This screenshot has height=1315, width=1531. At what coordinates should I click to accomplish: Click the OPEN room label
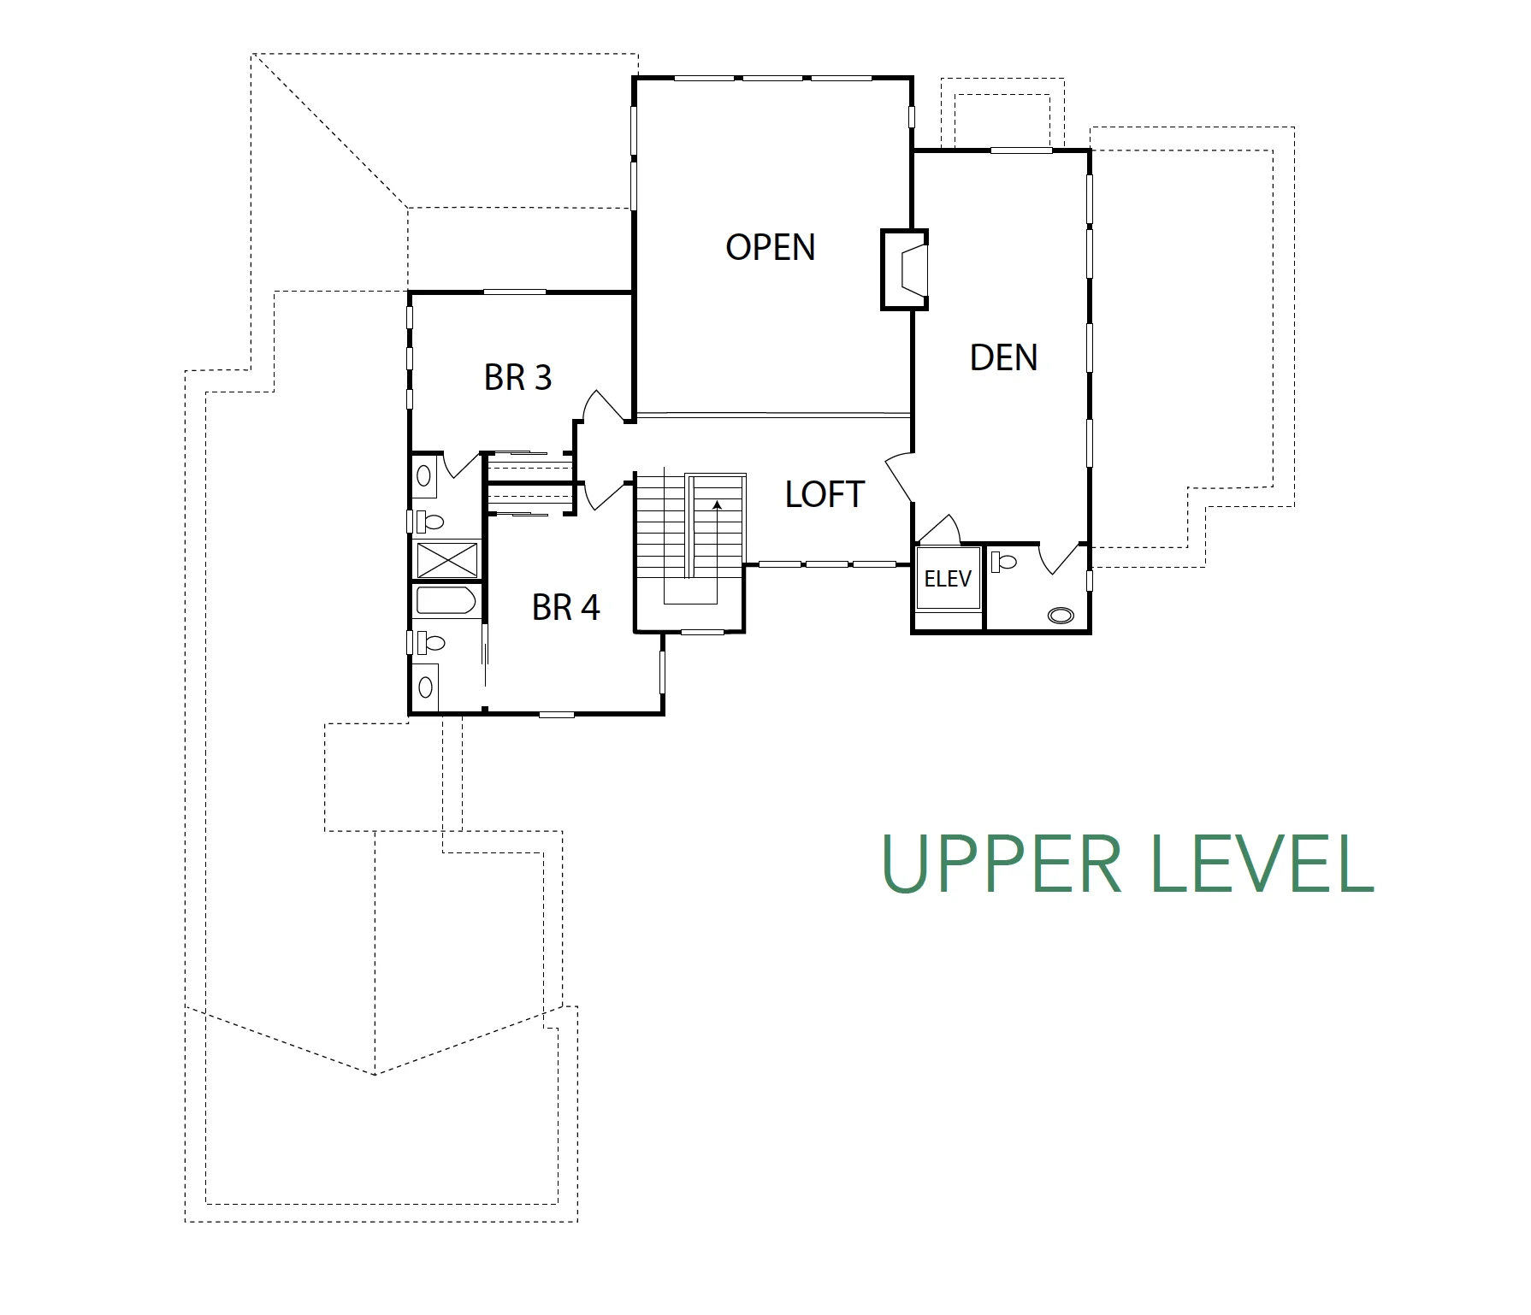coord(770,247)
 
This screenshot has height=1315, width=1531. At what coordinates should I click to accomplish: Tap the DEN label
coord(1003,357)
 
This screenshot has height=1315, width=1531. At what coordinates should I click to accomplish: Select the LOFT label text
coord(825,494)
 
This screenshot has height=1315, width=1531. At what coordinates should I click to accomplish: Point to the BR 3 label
coord(517,377)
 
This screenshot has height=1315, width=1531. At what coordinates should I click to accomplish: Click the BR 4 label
coord(565,607)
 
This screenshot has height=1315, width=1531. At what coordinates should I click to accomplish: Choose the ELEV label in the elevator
coord(948,579)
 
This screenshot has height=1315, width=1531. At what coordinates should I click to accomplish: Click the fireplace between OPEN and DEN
coord(905,269)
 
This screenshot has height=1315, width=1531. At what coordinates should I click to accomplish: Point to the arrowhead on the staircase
coord(717,505)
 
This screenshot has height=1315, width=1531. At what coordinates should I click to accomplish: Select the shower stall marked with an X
coord(446,560)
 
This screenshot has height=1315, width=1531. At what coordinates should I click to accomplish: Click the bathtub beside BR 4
coord(446,600)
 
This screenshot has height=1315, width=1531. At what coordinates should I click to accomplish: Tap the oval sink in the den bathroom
coord(1061,615)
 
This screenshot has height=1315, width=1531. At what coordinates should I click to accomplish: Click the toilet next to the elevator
coord(1003,562)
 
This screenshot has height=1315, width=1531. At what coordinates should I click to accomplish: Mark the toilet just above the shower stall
coord(429,521)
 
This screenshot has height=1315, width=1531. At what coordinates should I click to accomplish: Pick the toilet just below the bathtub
coord(430,642)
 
